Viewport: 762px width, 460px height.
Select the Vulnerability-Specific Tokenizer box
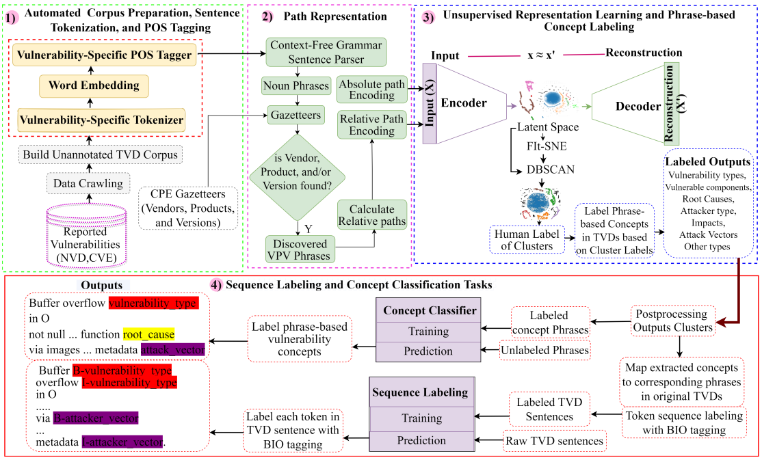102,120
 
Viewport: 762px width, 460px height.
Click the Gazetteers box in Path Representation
295,116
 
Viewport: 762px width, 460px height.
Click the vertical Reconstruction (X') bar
674,104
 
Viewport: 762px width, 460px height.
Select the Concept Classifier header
429,311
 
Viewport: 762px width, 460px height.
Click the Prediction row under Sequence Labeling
421,440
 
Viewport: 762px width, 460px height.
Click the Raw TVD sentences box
554,441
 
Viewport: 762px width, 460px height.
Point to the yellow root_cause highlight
148,335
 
